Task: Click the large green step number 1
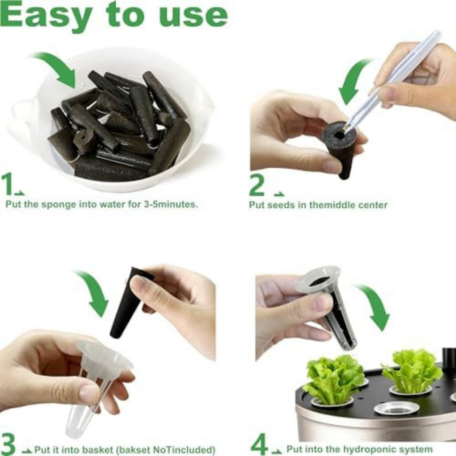7,184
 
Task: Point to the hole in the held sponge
339,135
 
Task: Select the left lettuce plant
334,378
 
